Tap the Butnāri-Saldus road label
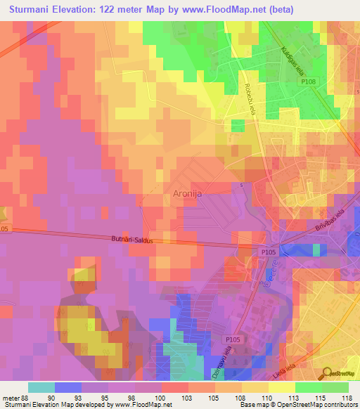click(143, 240)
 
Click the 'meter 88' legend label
click(14, 396)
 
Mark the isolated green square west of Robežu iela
click(238, 125)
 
